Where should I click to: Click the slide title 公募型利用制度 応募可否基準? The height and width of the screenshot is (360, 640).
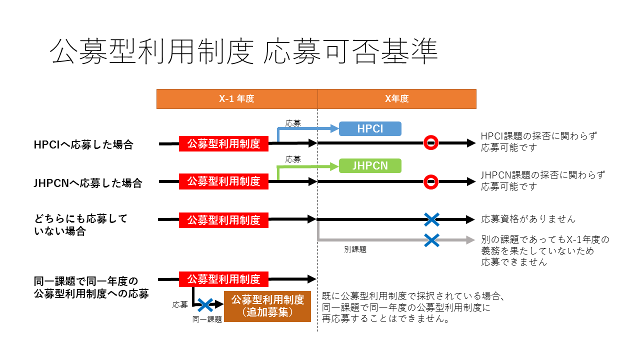pos(244,51)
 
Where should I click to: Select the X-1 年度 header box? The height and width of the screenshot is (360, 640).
pos(237,99)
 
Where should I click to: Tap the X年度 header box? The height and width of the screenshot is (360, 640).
pos(396,99)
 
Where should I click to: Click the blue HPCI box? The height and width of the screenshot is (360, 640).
pos(370,128)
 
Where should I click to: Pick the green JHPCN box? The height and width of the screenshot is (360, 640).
pos(370,165)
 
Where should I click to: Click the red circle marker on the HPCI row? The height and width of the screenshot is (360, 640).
pos(431,143)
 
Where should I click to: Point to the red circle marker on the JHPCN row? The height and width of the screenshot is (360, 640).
pos(431,181)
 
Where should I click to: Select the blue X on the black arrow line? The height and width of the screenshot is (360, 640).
pos(431,219)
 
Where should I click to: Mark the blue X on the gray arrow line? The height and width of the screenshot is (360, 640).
pos(431,240)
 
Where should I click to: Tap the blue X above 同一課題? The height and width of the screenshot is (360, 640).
pos(204,305)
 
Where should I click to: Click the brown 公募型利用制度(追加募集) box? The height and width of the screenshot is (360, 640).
pos(267,306)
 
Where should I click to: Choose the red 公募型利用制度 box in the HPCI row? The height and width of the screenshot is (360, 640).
pos(223,144)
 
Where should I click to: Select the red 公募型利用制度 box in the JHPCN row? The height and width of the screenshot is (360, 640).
pos(223,181)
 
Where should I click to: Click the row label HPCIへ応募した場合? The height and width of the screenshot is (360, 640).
pos(83,145)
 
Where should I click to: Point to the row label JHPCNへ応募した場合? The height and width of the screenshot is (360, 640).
pos(87,183)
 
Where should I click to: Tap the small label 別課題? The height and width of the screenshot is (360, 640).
pos(355,249)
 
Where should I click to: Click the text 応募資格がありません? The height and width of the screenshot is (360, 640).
pos(528,219)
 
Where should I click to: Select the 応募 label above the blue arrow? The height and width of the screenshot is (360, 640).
pos(293,122)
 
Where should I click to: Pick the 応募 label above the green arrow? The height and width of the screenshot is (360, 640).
pos(293,159)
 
